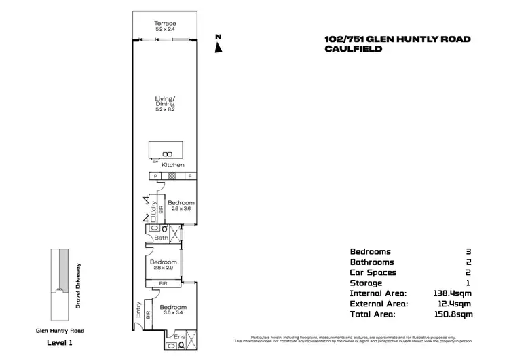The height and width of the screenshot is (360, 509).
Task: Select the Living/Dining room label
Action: click(x=165, y=103)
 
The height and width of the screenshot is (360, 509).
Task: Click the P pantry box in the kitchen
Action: click(x=155, y=177)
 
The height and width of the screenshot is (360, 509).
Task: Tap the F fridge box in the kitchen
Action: click(x=189, y=177)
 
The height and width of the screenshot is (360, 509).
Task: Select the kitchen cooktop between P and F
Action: click(x=172, y=177)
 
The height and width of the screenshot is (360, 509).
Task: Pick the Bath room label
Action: click(x=162, y=238)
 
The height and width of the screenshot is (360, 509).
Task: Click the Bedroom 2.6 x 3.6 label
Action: click(x=181, y=206)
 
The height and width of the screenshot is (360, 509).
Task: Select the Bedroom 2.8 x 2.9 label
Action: click(x=164, y=265)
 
